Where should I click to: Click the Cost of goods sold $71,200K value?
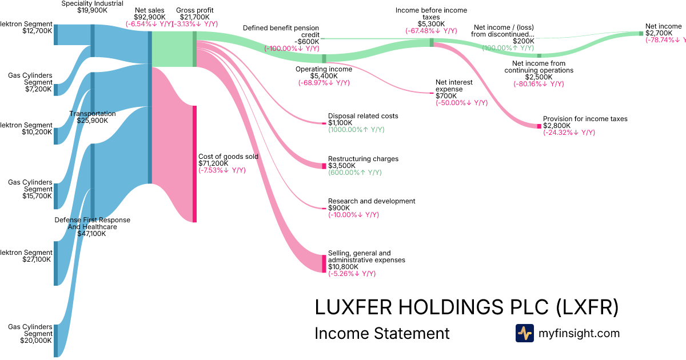213,163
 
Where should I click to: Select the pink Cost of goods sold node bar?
194,163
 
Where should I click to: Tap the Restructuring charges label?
363,159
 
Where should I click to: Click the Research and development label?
372,201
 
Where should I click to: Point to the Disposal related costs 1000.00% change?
356,130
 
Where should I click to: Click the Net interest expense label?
454,86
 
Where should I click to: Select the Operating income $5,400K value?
324,76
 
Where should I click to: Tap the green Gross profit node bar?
194,49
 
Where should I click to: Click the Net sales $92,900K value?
150,17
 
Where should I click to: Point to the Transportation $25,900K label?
92,117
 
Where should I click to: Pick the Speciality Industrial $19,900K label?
92,6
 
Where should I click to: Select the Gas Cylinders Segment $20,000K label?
30,334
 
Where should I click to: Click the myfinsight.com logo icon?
524,333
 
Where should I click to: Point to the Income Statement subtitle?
382,333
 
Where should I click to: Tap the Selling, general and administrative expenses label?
366,257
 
